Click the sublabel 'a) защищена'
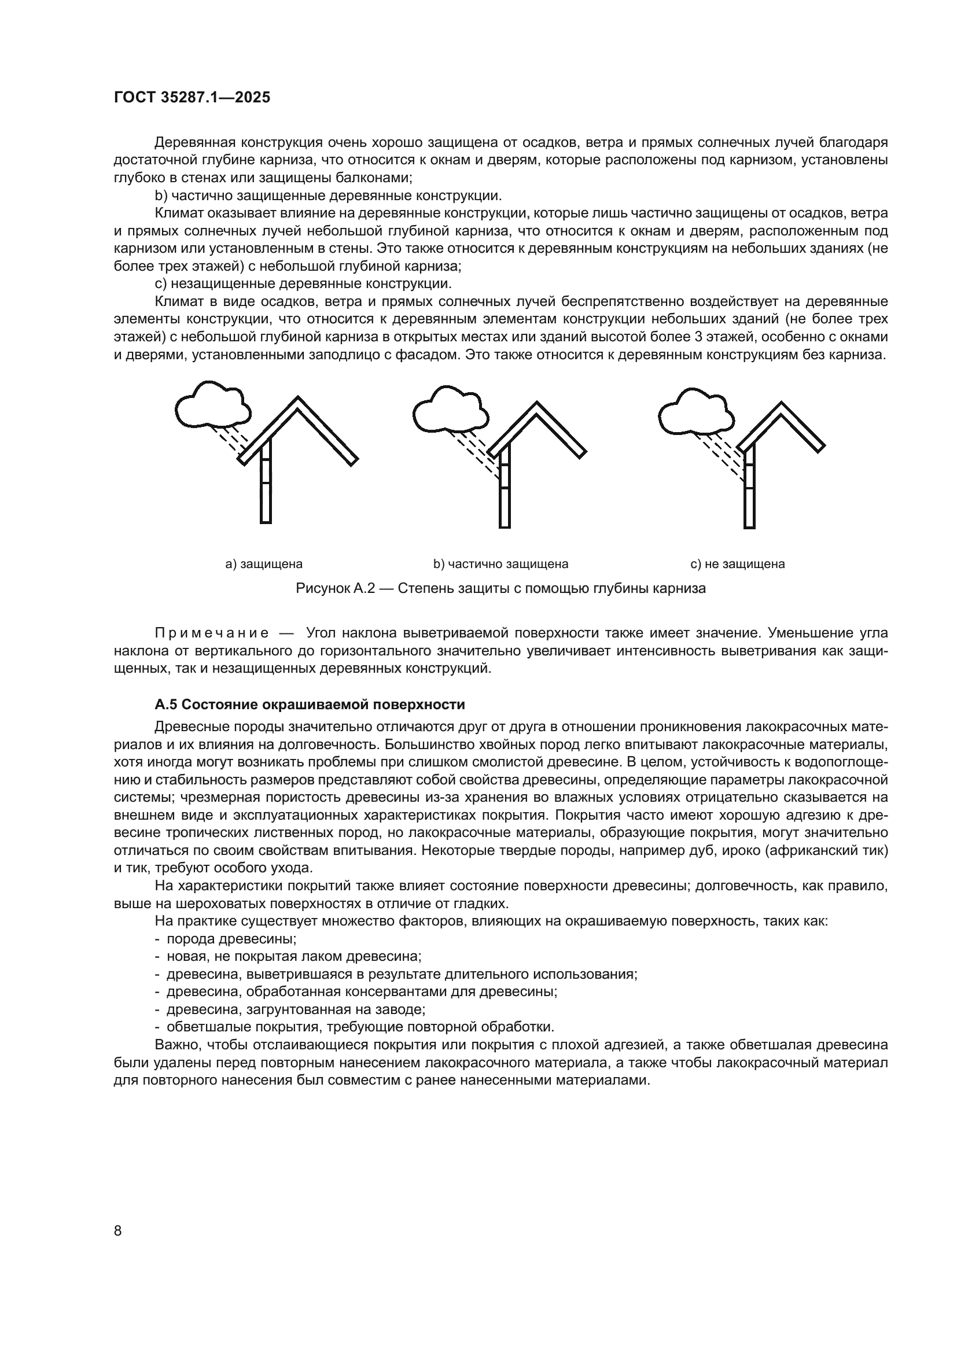coord(264,564)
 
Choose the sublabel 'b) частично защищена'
coord(501,564)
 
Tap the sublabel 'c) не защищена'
coord(737,564)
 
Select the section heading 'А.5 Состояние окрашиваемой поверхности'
coord(310,705)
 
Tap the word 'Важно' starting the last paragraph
coord(173,1045)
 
